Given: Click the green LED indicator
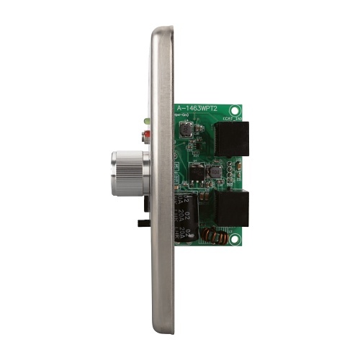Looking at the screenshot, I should [147, 120].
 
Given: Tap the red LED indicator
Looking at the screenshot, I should [147, 134].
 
